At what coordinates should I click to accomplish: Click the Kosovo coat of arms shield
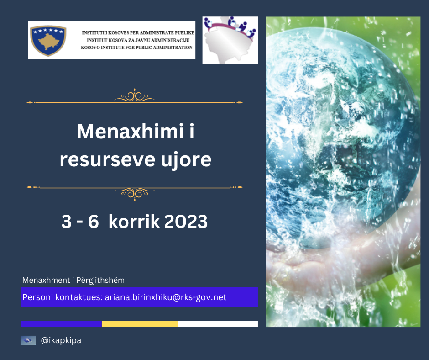click(48, 41)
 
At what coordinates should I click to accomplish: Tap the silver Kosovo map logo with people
click(230, 40)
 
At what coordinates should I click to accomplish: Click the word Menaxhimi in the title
click(130, 131)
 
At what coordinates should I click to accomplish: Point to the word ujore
click(186, 160)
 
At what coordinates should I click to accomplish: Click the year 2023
click(186, 222)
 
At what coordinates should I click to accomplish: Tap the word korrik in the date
click(134, 221)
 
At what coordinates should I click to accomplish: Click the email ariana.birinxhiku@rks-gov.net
click(166, 297)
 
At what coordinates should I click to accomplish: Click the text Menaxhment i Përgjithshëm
click(73, 280)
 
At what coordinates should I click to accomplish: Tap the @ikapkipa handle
click(61, 340)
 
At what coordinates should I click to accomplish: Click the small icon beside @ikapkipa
click(28, 340)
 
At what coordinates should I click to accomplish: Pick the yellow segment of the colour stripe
click(140, 324)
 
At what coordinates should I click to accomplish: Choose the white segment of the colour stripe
click(218, 324)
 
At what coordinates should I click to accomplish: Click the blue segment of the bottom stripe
click(61, 324)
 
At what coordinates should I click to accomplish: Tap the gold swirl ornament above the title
click(135, 96)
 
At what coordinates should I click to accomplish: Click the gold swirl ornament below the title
click(135, 194)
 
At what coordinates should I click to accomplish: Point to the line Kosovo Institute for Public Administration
click(136, 48)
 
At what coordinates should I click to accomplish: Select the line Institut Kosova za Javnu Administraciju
click(138, 40)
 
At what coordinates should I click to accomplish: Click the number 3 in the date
click(67, 222)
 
